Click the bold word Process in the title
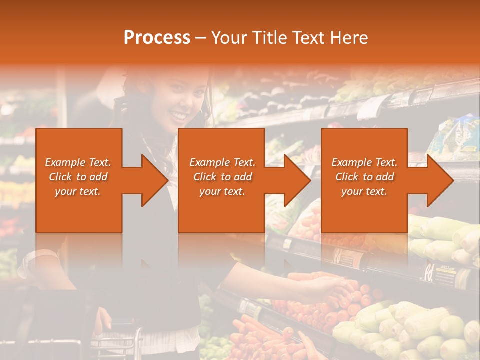pos(157,38)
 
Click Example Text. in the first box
pos(78,162)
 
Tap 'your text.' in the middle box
pos(222,191)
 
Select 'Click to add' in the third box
pos(364,177)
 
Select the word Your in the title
pos(230,38)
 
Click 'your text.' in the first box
pos(78,191)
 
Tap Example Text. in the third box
pos(364,162)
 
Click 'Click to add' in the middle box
pos(222,177)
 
